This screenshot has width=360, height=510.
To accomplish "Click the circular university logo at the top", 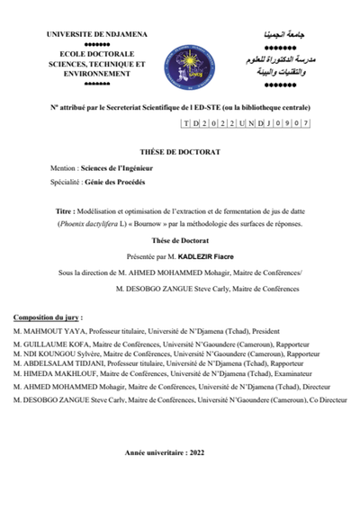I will (181, 57).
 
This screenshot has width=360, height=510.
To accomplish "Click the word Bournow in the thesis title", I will (175, 223).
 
